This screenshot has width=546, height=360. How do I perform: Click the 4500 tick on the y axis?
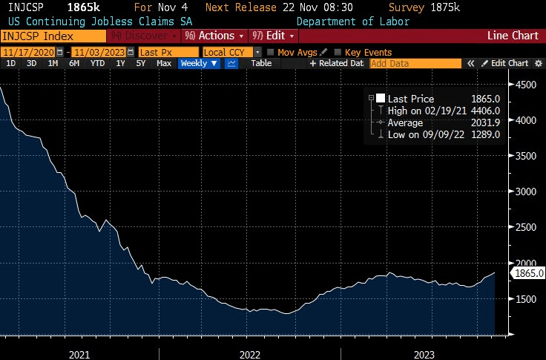click(528, 85)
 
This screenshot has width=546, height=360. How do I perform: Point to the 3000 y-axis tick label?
click(528, 192)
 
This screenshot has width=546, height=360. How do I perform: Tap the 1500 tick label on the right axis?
click(528, 298)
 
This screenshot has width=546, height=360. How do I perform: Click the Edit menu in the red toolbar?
click(272, 36)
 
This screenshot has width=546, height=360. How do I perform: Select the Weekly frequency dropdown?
click(199, 64)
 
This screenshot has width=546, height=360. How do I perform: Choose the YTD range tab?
click(97, 64)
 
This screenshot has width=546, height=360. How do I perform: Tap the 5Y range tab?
click(141, 64)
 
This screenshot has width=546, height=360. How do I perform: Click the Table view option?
click(261, 64)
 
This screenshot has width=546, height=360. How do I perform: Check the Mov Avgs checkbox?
click(271, 52)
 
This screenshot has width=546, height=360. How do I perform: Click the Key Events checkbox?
click(339, 52)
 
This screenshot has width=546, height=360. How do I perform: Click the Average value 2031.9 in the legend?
click(487, 122)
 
